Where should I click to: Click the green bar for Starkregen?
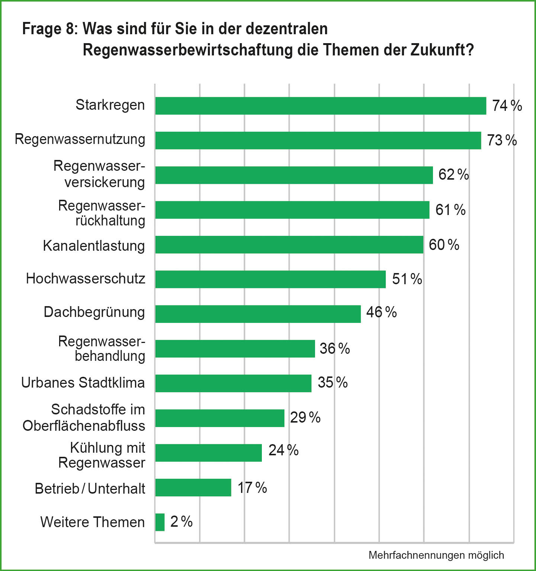[320, 106]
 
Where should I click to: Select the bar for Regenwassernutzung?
[318, 140]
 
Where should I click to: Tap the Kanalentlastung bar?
[289, 244]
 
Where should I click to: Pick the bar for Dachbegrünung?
[258, 314]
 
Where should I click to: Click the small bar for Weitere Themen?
[160, 522]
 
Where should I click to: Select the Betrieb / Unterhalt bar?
[193, 487]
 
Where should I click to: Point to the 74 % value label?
[507, 106]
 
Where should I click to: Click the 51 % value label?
[407, 279]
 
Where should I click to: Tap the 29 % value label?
[305, 417]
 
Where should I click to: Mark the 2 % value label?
[181, 522]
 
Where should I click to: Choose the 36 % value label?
[334, 349]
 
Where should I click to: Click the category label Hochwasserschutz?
[86, 279]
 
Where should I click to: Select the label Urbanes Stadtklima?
[83, 383]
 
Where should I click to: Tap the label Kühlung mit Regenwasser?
[102, 455]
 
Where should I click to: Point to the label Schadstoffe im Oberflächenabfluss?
[84, 417]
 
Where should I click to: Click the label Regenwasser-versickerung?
[99, 174]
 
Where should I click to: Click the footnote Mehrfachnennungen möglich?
[436, 555]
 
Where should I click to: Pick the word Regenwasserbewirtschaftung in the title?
[188, 50]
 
